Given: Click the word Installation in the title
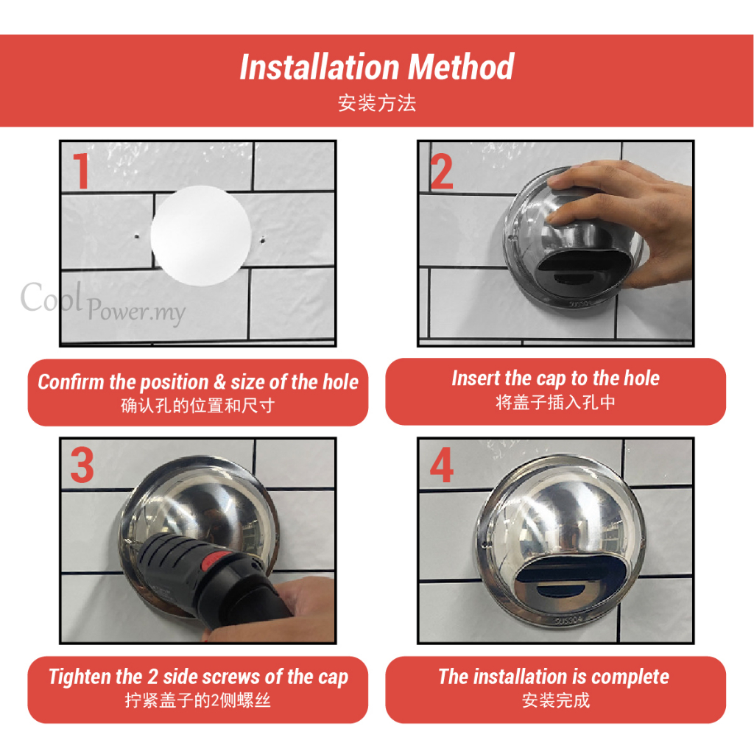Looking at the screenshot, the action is [320, 67].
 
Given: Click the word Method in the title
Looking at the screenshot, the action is [461, 67].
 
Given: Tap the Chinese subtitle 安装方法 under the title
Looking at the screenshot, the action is [377, 103].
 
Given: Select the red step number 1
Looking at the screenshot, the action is [81, 171].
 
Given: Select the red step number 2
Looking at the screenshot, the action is [442, 172].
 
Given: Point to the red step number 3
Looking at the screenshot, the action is [82, 465].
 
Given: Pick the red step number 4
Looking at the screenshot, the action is [442, 465].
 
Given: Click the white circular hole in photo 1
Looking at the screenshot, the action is [201, 236].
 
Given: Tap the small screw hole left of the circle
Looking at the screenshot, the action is [136, 236].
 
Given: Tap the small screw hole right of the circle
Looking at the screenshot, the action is [263, 239].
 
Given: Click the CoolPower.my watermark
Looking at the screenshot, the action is [103, 303].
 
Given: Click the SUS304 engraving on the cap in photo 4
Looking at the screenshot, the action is [569, 620].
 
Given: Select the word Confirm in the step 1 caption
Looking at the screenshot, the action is [71, 382].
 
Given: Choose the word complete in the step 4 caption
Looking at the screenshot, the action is [630, 677].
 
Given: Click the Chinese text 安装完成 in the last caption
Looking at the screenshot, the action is [556, 700].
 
